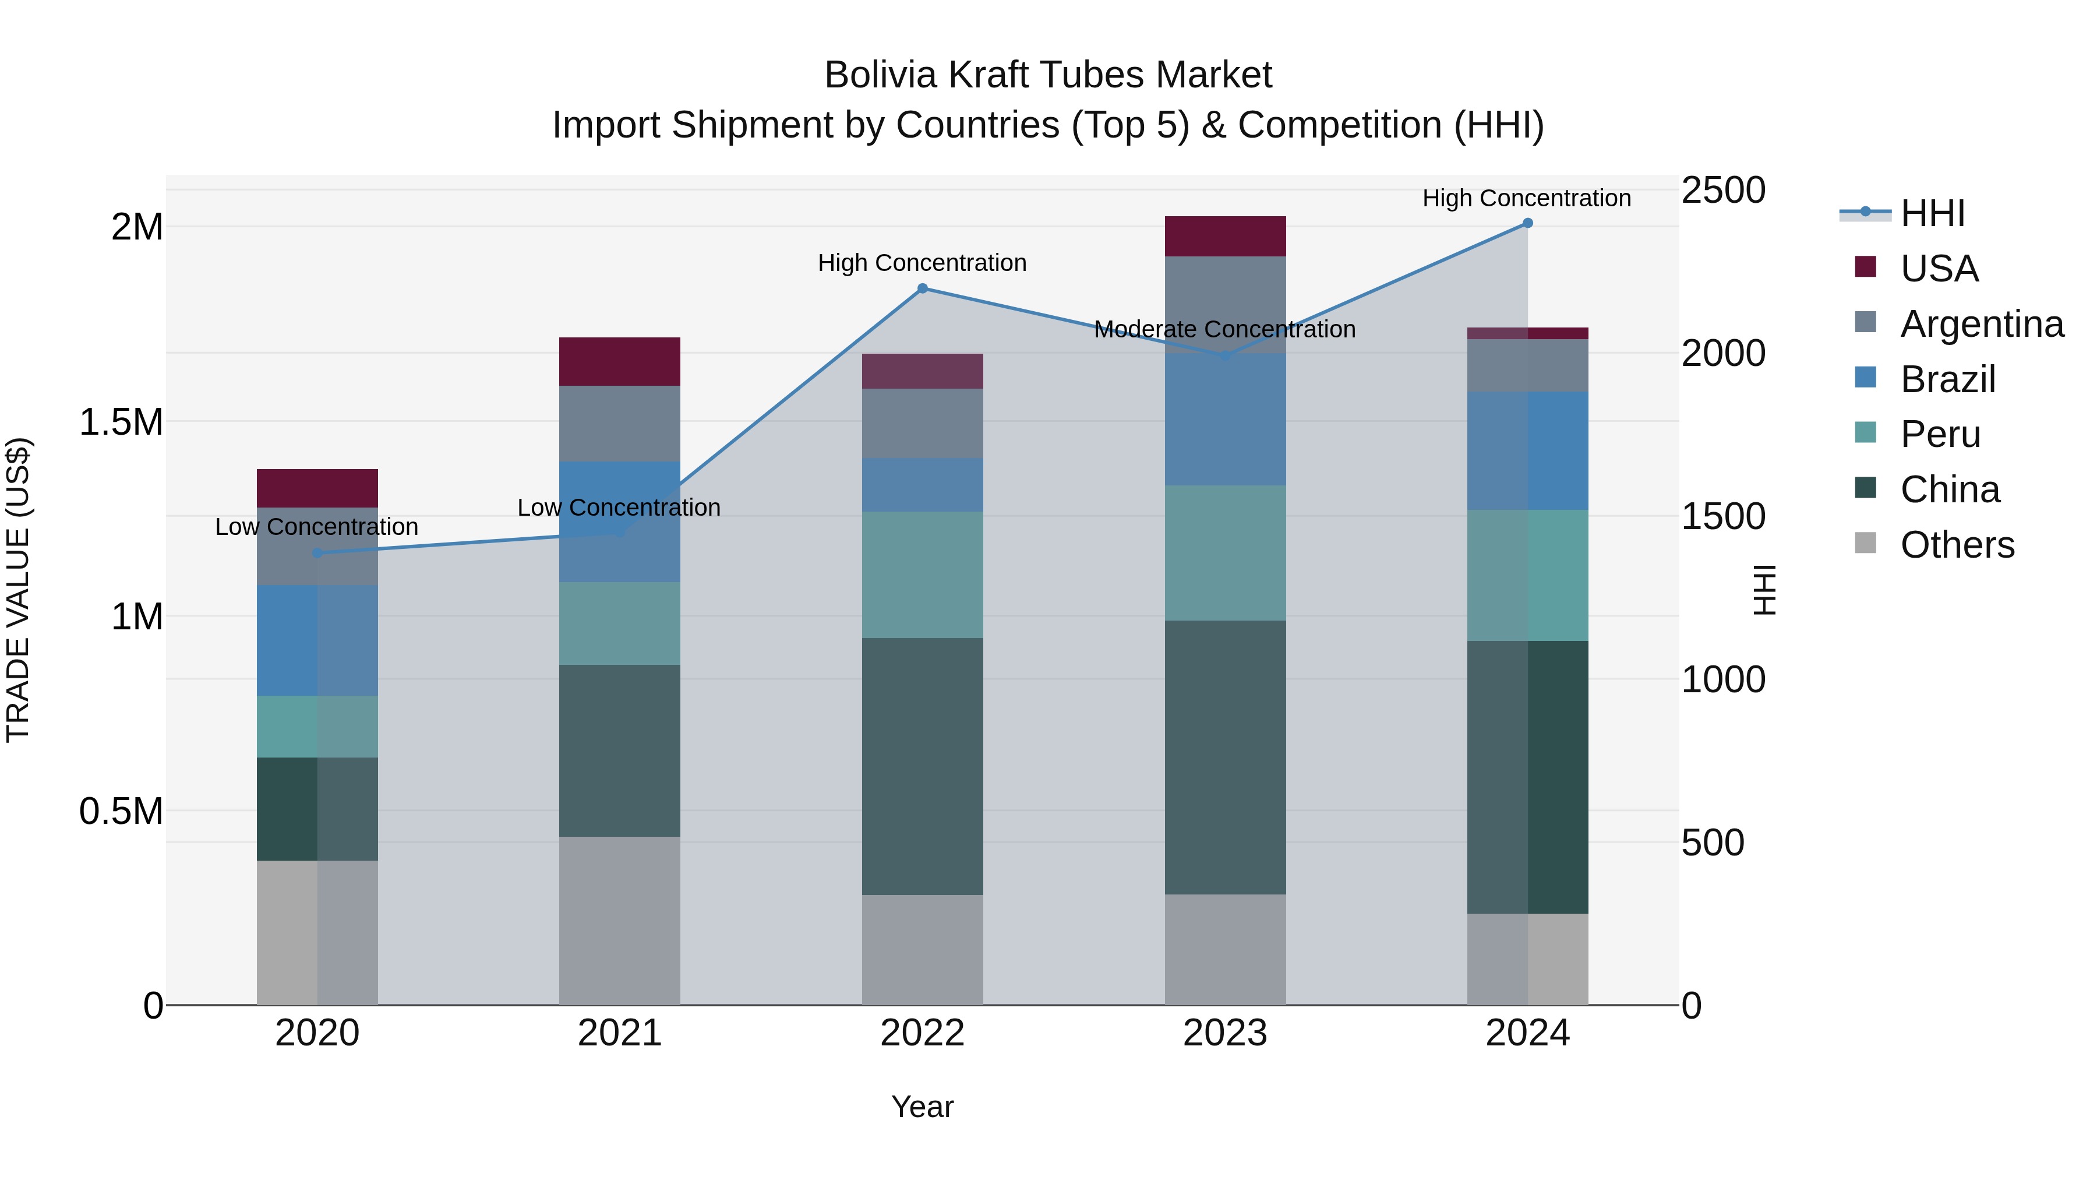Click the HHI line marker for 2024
tap(1527, 223)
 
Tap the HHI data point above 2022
tap(922, 288)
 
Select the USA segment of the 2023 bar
tap(1225, 236)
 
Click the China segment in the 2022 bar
tap(922, 766)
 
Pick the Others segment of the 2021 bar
tap(620, 920)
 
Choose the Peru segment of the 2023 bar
tap(1225, 553)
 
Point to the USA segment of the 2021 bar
tap(620, 361)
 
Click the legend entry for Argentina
tap(1982, 324)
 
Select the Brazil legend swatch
tap(1865, 378)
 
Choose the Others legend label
tap(1957, 545)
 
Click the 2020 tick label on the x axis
tap(317, 1033)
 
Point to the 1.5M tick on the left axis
tap(121, 422)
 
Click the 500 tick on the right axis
tap(1713, 842)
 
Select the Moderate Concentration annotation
tap(1224, 330)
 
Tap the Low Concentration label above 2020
tap(317, 527)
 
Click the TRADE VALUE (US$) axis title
tap(19, 590)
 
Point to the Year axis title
tap(922, 1107)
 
